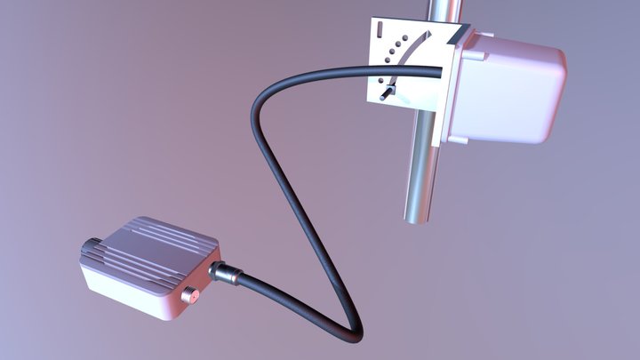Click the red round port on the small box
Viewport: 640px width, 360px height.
coord(189,295)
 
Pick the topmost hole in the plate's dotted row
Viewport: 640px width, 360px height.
coord(409,38)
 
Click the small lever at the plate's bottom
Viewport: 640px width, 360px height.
coord(387,92)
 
